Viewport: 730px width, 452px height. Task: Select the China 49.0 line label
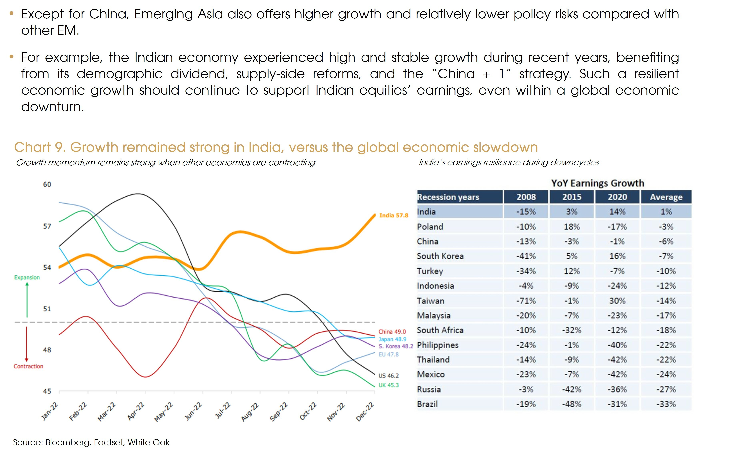[392, 332]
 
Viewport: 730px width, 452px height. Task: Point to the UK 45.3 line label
[388, 385]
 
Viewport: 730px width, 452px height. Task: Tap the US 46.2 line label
[388, 376]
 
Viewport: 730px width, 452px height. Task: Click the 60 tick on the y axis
[47, 184]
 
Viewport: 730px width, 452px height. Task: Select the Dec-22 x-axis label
[365, 412]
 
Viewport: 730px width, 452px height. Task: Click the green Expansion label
[27, 277]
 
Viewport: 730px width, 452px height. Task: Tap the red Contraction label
[28, 366]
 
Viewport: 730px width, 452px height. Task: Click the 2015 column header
[571, 197]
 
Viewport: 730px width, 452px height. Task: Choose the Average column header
[666, 197]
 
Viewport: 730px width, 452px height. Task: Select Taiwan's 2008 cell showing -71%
[526, 301]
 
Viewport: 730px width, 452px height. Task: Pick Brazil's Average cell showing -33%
[666, 404]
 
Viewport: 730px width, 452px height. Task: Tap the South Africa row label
[440, 330]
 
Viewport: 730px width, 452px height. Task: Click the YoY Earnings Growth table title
[597, 183]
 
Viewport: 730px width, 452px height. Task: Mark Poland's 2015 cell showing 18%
[571, 227]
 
